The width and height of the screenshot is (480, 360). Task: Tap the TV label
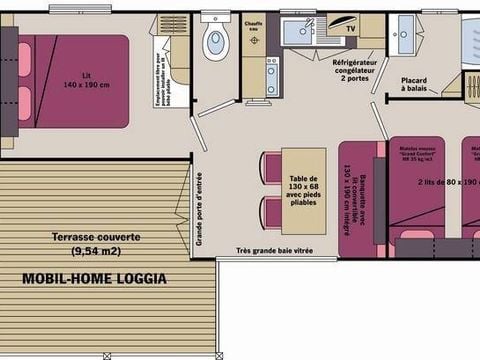350,30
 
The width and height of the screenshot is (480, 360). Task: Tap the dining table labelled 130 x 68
303,190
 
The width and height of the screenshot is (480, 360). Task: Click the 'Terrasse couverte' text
96,237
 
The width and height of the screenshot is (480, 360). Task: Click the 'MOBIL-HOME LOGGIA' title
94,279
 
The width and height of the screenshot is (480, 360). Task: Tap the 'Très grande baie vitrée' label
277,251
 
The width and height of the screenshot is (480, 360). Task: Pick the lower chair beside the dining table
271,211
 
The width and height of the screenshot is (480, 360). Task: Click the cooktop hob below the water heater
272,76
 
